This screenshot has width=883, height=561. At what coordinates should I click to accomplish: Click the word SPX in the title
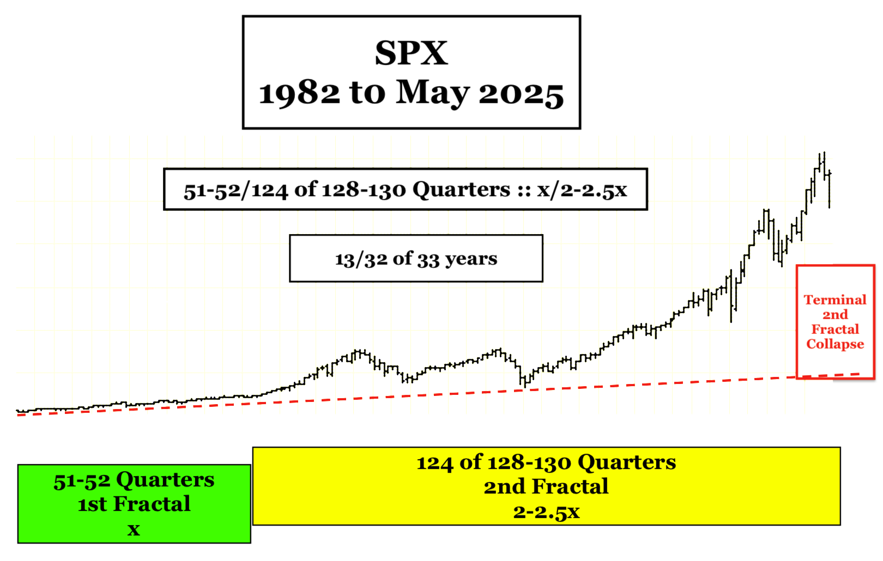(x=411, y=53)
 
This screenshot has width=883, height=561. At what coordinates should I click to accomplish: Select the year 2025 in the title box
(x=521, y=93)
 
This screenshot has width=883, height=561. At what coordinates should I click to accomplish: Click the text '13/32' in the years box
(x=361, y=259)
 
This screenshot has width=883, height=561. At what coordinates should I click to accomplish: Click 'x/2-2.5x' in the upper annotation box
(x=582, y=190)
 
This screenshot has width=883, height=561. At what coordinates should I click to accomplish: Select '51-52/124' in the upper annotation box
(x=235, y=191)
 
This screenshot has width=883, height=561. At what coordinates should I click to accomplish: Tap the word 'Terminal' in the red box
(x=835, y=300)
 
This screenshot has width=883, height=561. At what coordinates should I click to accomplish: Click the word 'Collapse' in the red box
(x=835, y=344)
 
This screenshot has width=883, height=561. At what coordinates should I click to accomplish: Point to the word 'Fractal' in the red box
(x=835, y=329)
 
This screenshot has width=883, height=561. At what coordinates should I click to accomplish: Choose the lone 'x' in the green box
(x=134, y=529)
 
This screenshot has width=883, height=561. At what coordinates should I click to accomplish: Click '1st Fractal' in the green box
(x=134, y=504)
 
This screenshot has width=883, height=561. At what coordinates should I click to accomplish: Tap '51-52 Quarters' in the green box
(x=134, y=480)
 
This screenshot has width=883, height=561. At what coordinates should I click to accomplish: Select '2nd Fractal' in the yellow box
(x=546, y=486)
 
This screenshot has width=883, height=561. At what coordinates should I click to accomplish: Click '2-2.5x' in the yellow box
(x=546, y=511)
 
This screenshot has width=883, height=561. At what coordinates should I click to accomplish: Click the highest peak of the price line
(x=824, y=153)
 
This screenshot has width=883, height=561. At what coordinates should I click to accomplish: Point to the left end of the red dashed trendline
(x=17, y=415)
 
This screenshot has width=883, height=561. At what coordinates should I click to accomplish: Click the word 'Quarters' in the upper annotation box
(x=462, y=190)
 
